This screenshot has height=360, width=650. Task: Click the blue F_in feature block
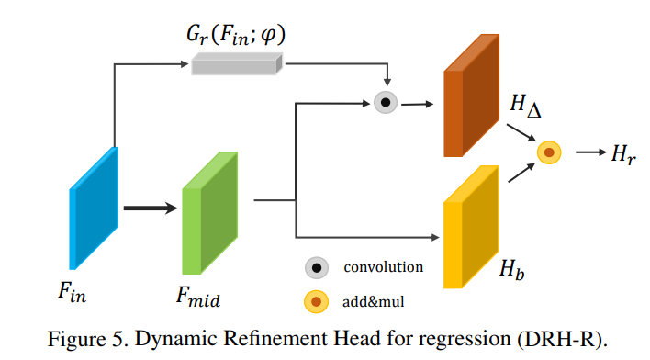point(94,208)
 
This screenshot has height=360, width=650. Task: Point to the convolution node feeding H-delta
point(387,103)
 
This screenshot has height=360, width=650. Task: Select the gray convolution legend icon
point(318,268)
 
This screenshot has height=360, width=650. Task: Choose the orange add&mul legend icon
point(318,301)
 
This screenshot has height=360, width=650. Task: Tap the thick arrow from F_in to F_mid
point(150,208)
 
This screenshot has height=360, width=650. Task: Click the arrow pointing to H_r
point(588,152)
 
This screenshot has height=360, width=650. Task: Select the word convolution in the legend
point(383,268)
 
